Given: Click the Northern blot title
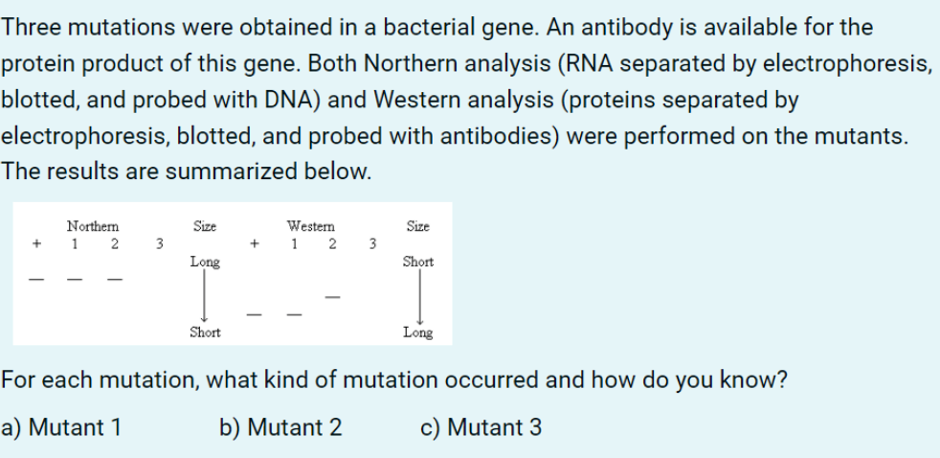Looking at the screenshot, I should point(93,227).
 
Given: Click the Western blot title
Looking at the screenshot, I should point(311,227).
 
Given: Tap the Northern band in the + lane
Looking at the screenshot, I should point(36,280).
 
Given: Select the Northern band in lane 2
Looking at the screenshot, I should point(114,280).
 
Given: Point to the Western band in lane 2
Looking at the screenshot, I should point(331,295).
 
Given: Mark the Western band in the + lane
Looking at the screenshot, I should point(254,312).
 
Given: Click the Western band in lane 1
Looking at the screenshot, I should point(293,312).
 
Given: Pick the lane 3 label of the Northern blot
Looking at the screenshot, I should point(159,243).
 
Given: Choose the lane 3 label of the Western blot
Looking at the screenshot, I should point(372,243).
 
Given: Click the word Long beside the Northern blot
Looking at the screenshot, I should point(205,261).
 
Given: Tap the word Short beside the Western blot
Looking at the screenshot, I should point(417,261).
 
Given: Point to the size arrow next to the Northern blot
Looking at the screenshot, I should point(205,297).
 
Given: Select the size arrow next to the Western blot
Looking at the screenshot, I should point(418,297).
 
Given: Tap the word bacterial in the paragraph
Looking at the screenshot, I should point(414,27).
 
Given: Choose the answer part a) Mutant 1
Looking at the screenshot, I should point(61,426).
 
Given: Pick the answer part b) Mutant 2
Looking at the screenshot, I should point(280,426).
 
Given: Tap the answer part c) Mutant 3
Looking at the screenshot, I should point(481,426).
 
